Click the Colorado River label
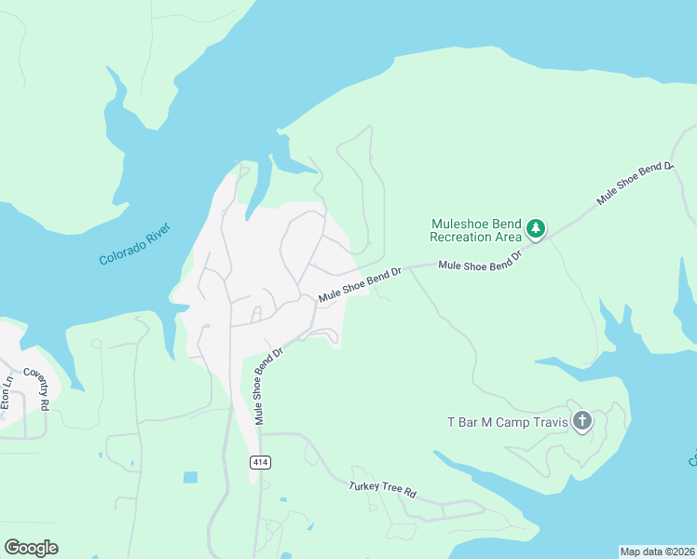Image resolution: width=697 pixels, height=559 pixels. [x=141, y=244]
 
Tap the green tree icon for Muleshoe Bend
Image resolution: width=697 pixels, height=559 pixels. [x=535, y=228]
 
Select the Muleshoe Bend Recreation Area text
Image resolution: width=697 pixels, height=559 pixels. [x=475, y=230]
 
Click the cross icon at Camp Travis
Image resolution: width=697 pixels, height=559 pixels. [x=581, y=422]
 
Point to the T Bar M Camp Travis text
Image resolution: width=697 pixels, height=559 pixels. [x=507, y=422]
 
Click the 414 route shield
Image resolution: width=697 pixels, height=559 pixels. [x=262, y=462]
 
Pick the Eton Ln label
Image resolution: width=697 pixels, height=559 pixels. [x=8, y=393]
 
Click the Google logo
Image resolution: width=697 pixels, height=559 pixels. [x=31, y=547]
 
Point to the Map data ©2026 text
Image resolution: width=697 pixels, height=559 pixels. [x=657, y=551]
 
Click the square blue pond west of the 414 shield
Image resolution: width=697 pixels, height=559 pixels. [x=190, y=478]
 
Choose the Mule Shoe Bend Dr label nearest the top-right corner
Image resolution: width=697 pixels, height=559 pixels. [x=635, y=183]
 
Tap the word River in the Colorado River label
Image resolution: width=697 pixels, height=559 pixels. [x=169, y=235]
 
